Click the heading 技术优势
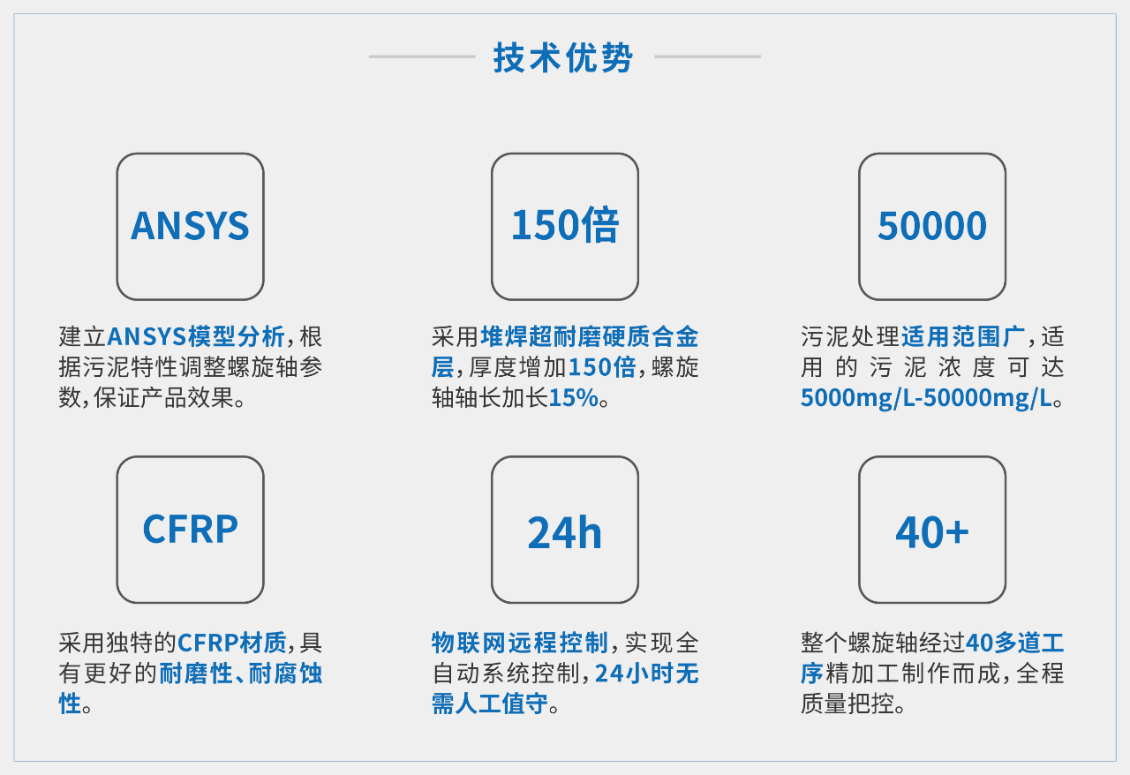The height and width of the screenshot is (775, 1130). [563, 57]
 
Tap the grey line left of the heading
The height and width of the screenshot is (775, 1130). [422, 56]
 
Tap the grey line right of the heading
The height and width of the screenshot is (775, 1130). [707, 56]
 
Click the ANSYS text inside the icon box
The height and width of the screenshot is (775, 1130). [190, 226]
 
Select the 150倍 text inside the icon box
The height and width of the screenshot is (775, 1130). [565, 225]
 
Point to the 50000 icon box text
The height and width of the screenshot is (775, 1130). [932, 226]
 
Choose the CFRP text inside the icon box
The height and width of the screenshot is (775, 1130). [190, 529]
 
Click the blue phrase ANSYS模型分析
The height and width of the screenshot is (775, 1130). [196, 336]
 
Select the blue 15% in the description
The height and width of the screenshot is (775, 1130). [574, 397]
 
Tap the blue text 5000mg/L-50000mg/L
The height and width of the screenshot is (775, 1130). [926, 398]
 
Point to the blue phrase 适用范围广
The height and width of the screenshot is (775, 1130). [963, 336]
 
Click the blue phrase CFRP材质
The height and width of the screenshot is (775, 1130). [232, 643]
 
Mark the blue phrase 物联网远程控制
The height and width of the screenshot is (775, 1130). [520, 643]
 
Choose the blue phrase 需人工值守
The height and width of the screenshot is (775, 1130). [489, 704]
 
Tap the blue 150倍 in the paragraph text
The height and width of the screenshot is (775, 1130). [602, 367]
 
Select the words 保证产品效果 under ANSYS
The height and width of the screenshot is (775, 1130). [164, 397]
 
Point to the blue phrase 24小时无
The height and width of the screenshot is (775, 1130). [647, 673]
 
